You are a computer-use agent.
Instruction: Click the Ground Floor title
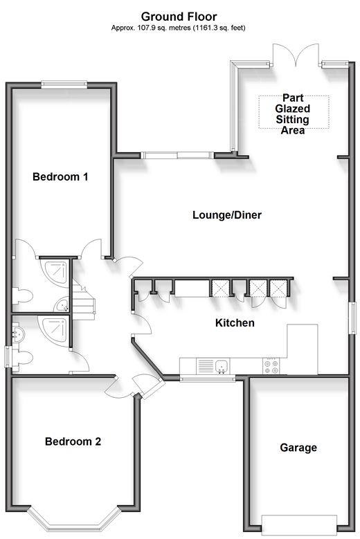click(179, 17)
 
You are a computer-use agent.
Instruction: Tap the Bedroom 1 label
click(60, 176)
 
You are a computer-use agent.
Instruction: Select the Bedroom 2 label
click(73, 441)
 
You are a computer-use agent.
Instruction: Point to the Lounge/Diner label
click(227, 215)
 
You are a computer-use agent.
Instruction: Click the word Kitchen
click(235, 323)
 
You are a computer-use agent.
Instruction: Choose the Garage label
click(298, 448)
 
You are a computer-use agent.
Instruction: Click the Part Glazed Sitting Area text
click(293, 113)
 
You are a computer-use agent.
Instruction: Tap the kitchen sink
click(222, 366)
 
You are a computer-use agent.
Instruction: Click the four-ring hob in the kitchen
click(271, 366)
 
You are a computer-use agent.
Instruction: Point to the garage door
click(299, 524)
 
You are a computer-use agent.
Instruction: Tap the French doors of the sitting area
click(296, 54)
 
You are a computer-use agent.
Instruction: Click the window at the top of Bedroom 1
click(64, 84)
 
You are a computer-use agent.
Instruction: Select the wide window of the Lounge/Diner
click(177, 156)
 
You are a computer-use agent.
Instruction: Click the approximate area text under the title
click(178, 28)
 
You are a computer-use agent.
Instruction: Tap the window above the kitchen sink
click(208, 378)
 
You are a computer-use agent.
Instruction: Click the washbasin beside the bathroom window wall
click(18, 334)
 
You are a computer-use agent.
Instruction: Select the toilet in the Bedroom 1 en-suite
click(22, 296)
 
